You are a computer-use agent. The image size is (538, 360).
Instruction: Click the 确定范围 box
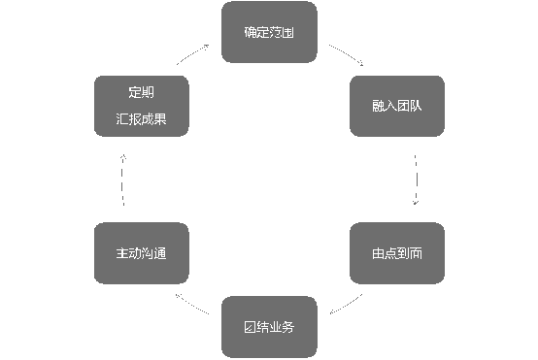[269, 33]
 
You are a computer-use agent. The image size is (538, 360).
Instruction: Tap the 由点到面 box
[396, 253]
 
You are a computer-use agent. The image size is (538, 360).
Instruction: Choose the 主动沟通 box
[141, 253]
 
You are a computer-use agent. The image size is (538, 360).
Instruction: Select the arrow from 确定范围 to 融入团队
[346, 54]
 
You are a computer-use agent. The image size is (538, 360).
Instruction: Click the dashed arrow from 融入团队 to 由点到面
[416, 180]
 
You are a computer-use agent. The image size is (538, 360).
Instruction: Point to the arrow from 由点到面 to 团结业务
[346, 304]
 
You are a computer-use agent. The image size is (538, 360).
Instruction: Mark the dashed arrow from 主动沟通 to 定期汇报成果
[122, 180]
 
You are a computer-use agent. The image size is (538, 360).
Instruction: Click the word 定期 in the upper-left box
[141, 93]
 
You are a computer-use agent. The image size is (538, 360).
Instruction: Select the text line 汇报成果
[141, 121]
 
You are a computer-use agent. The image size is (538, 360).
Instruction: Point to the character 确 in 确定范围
[251, 33]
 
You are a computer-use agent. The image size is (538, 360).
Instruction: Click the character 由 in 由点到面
[378, 253]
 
